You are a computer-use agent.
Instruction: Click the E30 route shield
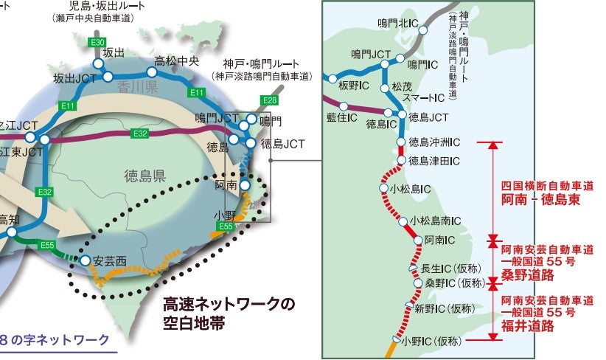click(x=97, y=43)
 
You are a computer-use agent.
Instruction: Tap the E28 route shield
click(x=270, y=100)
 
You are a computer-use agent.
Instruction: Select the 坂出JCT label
click(x=73, y=77)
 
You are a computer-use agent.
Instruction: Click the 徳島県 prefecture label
click(x=144, y=175)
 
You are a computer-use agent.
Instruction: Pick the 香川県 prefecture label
click(x=138, y=88)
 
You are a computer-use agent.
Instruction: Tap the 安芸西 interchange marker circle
click(x=86, y=260)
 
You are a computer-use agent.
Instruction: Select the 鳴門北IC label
click(x=397, y=24)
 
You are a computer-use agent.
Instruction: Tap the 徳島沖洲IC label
click(x=435, y=142)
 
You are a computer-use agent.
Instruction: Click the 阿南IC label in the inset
click(x=440, y=240)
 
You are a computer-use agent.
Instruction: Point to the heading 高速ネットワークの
click(x=228, y=304)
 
